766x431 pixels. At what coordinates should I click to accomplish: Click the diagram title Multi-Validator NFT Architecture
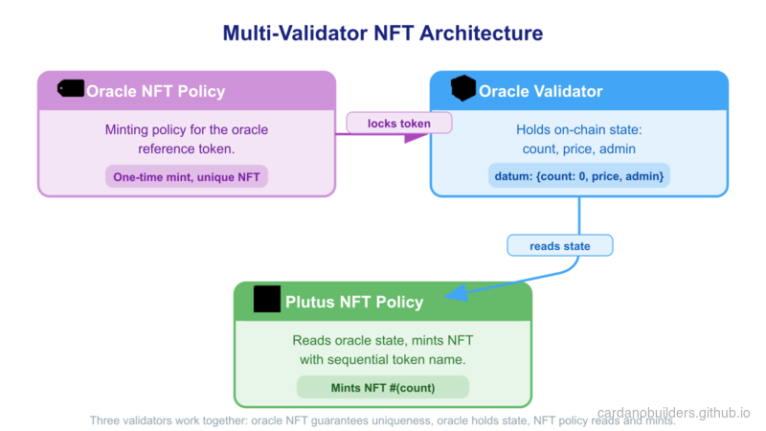point(383,34)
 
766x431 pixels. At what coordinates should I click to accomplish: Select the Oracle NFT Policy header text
point(155,92)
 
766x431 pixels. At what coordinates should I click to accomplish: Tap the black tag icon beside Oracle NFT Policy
point(71,89)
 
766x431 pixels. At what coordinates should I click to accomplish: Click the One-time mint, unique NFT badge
point(187,177)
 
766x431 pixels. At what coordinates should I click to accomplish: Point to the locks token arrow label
point(399,124)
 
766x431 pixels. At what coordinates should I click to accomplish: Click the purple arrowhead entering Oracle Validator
point(417,136)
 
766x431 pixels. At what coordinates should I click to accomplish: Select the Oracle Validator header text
point(540,92)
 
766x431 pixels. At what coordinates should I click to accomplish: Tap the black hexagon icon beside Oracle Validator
point(463,89)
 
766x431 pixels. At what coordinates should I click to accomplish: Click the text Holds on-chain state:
point(578,129)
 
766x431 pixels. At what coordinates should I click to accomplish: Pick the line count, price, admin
point(578,149)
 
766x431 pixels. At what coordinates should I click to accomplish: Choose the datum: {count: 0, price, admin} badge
point(578,177)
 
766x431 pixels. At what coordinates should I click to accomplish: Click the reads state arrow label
point(559,246)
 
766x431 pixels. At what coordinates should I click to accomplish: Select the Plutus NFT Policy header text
point(353,303)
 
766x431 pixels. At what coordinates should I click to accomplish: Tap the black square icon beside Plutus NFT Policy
point(267,300)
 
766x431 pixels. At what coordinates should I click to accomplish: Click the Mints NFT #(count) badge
point(382,387)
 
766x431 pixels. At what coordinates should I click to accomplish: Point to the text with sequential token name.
point(382,360)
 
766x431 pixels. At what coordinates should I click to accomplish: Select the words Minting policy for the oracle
point(187,129)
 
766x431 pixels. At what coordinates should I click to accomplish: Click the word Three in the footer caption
point(107,420)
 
